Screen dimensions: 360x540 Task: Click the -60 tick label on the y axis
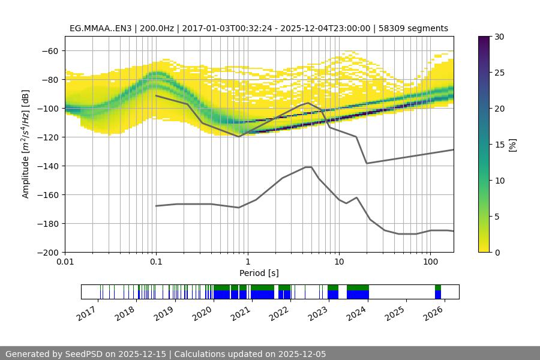(49, 51)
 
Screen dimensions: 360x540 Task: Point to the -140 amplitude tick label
(47, 166)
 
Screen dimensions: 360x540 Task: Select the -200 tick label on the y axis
(47, 253)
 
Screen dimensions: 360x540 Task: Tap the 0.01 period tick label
(65, 262)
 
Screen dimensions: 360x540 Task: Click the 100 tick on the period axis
(430, 262)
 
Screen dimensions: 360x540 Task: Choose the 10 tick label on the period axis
(338, 262)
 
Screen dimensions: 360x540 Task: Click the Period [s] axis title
(259, 273)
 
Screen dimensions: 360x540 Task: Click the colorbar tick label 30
(499, 37)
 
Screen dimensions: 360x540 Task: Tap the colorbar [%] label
(513, 145)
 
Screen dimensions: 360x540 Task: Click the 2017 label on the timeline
(86, 312)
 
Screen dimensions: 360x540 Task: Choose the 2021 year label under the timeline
(241, 312)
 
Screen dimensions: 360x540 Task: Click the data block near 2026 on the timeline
(438, 292)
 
